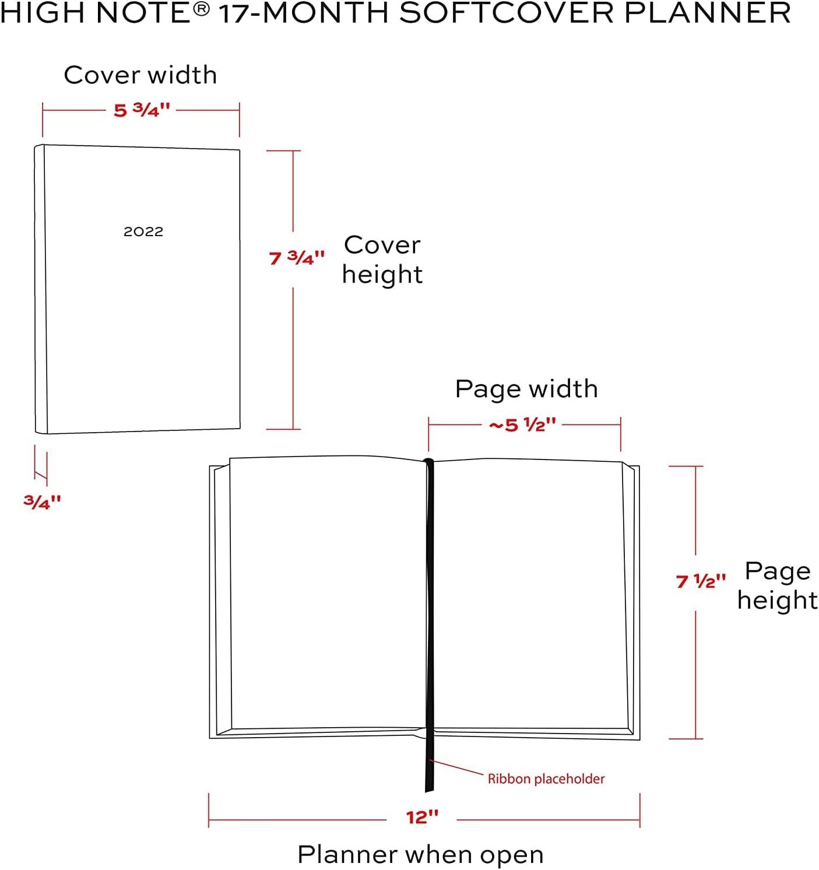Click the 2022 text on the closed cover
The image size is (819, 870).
tap(143, 231)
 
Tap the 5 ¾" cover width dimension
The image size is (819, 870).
tap(142, 110)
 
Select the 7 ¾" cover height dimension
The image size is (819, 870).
tap(296, 258)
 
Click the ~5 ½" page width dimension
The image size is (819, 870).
tap(522, 425)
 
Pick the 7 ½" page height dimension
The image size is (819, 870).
tap(701, 581)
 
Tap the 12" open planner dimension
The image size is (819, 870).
tap(422, 817)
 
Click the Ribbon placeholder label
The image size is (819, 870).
tap(546, 779)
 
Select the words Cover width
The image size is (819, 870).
tap(140, 75)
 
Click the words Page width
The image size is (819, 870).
tap(526, 389)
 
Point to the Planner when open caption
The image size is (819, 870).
tap(420, 855)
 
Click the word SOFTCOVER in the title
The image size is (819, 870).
tap(506, 13)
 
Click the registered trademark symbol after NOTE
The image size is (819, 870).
tap(201, 10)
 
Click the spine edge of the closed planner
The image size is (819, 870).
tap(40, 289)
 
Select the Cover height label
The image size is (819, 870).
tap(382, 259)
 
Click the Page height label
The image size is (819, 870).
tap(777, 585)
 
